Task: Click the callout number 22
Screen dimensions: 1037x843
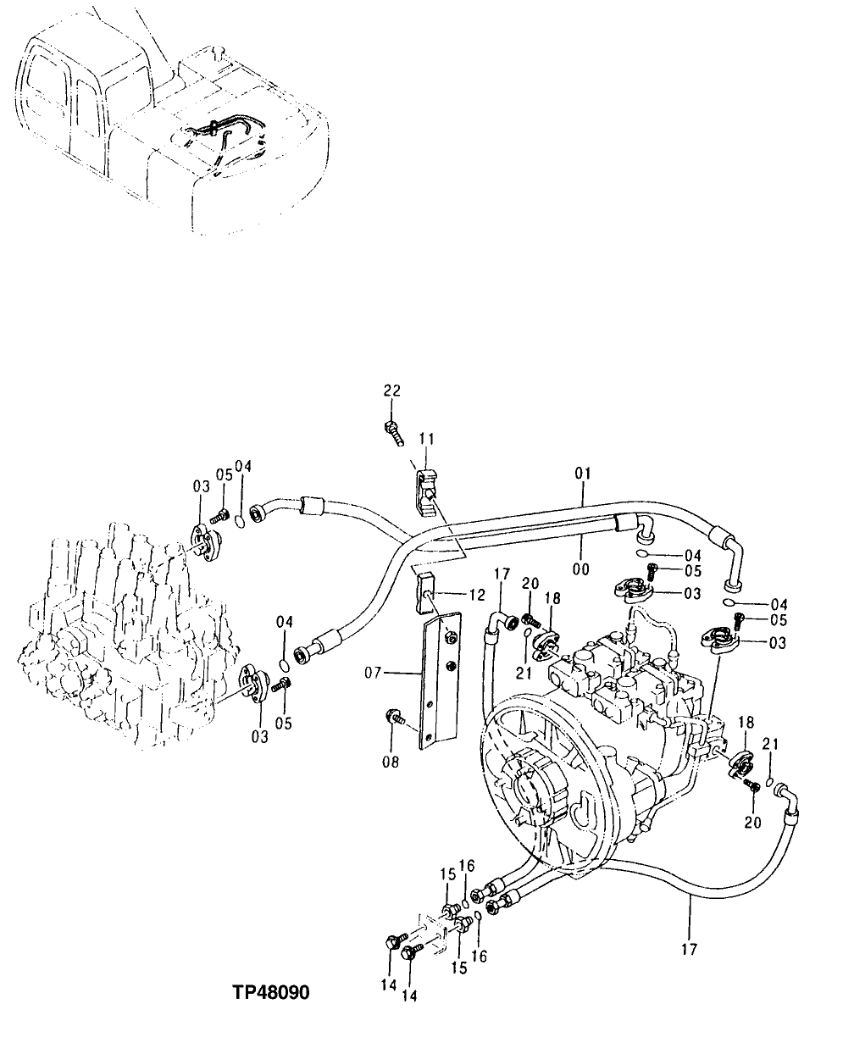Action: click(391, 391)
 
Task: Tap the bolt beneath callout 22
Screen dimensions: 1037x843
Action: click(393, 430)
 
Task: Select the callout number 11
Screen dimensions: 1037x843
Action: click(426, 439)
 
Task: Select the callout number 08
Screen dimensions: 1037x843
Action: click(391, 762)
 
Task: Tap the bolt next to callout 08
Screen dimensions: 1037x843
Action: click(395, 718)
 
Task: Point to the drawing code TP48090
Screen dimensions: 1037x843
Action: click(270, 991)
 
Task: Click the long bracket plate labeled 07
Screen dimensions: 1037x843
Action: click(440, 678)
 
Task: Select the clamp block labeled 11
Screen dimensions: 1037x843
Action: click(425, 492)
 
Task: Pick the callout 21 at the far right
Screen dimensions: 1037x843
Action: click(770, 743)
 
